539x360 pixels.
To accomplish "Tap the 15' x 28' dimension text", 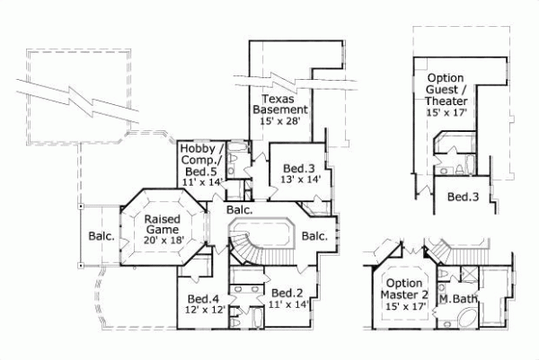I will tap(287, 120).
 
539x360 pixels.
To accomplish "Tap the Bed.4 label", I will tap(203, 299).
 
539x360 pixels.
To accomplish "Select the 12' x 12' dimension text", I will tap(203, 311).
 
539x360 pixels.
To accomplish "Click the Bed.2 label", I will tap(286, 293).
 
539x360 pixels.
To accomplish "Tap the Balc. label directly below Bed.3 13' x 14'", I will tap(239, 210).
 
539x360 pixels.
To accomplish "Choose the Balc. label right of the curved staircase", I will tap(314, 236).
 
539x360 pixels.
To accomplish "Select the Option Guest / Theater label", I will tap(451, 90).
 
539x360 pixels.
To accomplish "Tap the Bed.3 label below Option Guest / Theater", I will tap(461, 197).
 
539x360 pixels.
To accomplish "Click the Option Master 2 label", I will tap(402, 289).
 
